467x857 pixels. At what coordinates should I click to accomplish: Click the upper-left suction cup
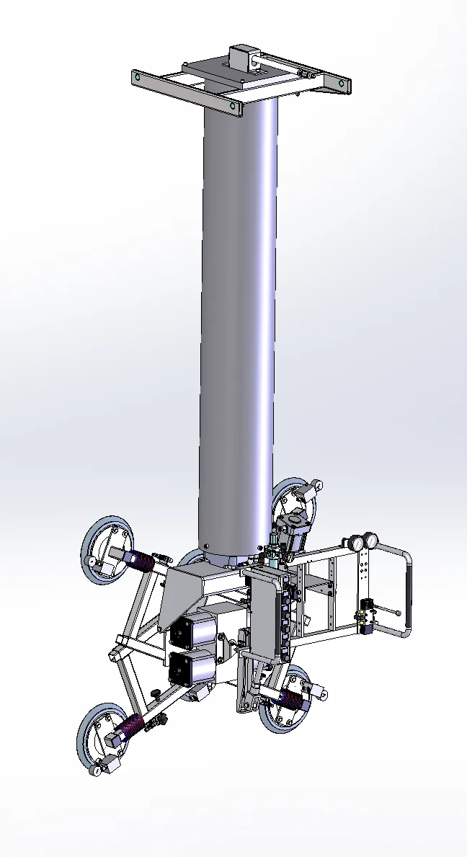tap(107, 546)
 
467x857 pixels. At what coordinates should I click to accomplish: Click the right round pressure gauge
tap(372, 541)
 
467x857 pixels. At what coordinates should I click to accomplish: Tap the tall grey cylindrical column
tap(239, 324)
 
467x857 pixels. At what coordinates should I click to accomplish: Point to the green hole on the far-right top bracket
tap(342, 84)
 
